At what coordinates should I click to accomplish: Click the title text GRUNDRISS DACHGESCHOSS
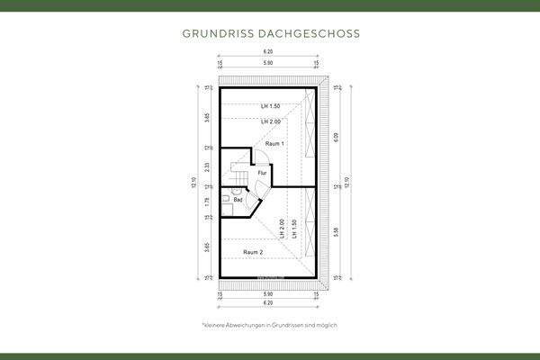pos(270,33)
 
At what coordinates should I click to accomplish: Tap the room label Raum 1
pos(274,144)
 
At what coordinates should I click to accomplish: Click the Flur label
pos(262,172)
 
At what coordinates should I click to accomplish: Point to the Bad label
pos(238,200)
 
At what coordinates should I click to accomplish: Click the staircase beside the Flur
pos(238,169)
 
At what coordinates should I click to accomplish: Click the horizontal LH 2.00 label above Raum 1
pos(270,121)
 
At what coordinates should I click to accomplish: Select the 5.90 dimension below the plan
pos(268,294)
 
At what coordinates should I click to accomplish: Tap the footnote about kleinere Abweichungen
pos(269,324)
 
